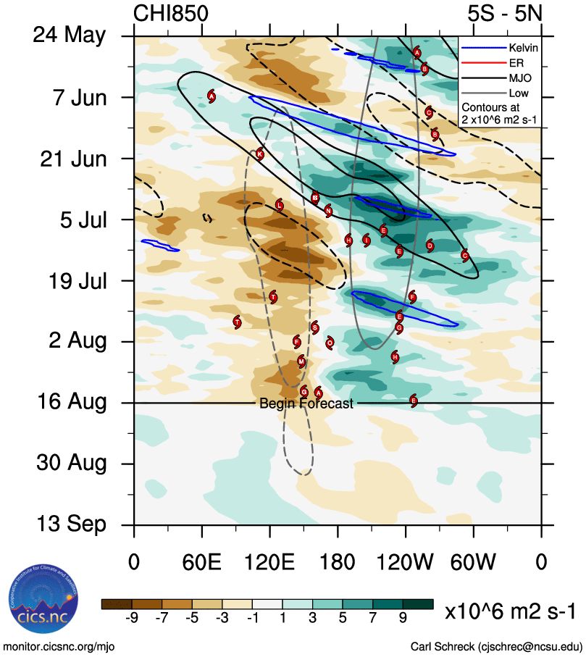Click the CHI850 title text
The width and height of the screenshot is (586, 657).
(x=171, y=14)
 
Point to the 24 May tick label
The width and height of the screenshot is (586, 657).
(x=69, y=35)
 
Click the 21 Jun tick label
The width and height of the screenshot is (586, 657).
(x=72, y=158)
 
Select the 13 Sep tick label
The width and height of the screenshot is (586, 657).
(x=71, y=524)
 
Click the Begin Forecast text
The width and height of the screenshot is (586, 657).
(x=306, y=403)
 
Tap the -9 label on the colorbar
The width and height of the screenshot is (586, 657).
(x=132, y=618)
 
